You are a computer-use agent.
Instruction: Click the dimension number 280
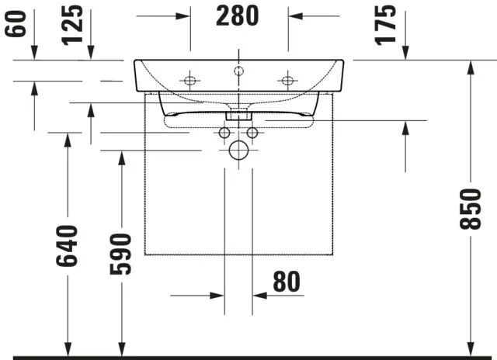(x=239, y=15)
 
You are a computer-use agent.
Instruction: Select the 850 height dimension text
(x=470, y=209)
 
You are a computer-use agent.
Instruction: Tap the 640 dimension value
(x=68, y=246)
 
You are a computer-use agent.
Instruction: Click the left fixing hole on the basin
(x=189, y=80)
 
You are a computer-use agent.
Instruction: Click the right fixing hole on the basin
(x=287, y=80)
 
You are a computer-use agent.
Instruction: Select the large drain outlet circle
(x=238, y=151)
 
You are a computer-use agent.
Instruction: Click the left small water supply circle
(x=224, y=133)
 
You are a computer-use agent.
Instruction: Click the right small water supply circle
(x=252, y=133)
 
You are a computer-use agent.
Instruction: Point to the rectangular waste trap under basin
(x=238, y=114)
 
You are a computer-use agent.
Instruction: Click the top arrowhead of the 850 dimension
(x=470, y=67)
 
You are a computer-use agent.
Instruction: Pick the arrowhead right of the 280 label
(x=295, y=15)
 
